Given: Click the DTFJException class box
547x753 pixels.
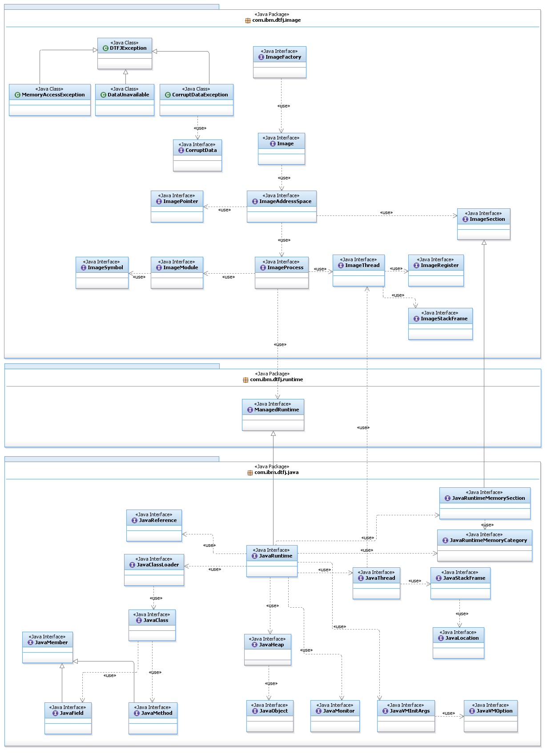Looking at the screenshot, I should click(x=125, y=53).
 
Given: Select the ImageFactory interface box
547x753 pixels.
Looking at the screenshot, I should click(x=280, y=62).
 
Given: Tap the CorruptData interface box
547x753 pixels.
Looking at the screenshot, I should click(x=197, y=155).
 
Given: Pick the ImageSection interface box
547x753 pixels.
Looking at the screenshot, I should click(x=484, y=224).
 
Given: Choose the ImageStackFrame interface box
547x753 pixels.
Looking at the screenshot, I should click(x=440, y=324).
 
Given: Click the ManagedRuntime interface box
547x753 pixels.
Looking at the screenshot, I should click(x=273, y=415).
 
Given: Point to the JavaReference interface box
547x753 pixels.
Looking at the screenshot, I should click(x=154, y=526).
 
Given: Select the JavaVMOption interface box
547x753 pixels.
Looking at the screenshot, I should click(x=491, y=716).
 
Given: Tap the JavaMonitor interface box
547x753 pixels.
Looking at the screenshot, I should click(x=335, y=716).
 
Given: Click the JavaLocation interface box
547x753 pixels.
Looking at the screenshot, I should click(x=459, y=643).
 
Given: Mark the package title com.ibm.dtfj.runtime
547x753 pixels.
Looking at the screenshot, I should click(x=276, y=380).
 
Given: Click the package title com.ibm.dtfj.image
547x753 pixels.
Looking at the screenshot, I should click(x=276, y=20).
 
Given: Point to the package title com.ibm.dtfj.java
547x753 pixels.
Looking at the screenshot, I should click(x=276, y=473).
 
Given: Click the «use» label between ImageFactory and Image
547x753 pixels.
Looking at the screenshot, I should click(x=284, y=106).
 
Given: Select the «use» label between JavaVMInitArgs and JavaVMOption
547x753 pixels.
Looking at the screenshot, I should click(x=449, y=713).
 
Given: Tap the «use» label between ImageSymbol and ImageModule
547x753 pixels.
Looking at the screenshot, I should click(x=139, y=277).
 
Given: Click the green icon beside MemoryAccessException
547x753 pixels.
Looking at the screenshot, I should click(x=17, y=95).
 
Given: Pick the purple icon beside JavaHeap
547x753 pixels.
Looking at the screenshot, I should click(x=255, y=645).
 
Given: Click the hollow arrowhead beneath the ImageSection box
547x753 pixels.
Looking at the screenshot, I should click(x=484, y=243).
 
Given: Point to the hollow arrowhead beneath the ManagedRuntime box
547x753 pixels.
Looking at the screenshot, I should click(x=273, y=433).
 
